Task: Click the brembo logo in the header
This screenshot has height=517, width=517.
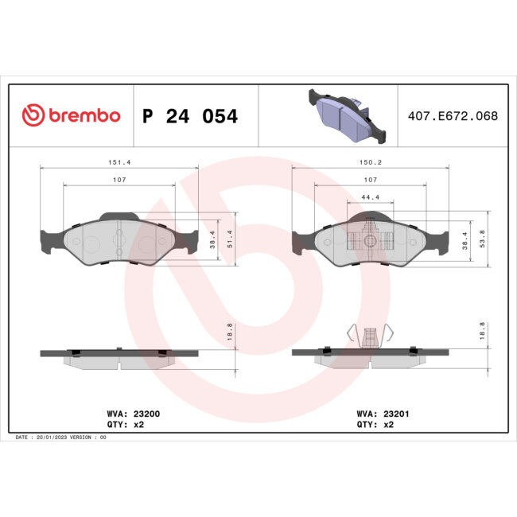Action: point(71,116)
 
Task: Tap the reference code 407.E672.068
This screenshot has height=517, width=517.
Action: point(452,116)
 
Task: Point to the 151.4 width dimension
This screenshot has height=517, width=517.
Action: point(119,162)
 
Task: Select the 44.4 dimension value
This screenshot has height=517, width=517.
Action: point(371,196)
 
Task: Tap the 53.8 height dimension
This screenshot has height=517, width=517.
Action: point(484,239)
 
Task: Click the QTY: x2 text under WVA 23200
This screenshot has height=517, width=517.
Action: point(125,425)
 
